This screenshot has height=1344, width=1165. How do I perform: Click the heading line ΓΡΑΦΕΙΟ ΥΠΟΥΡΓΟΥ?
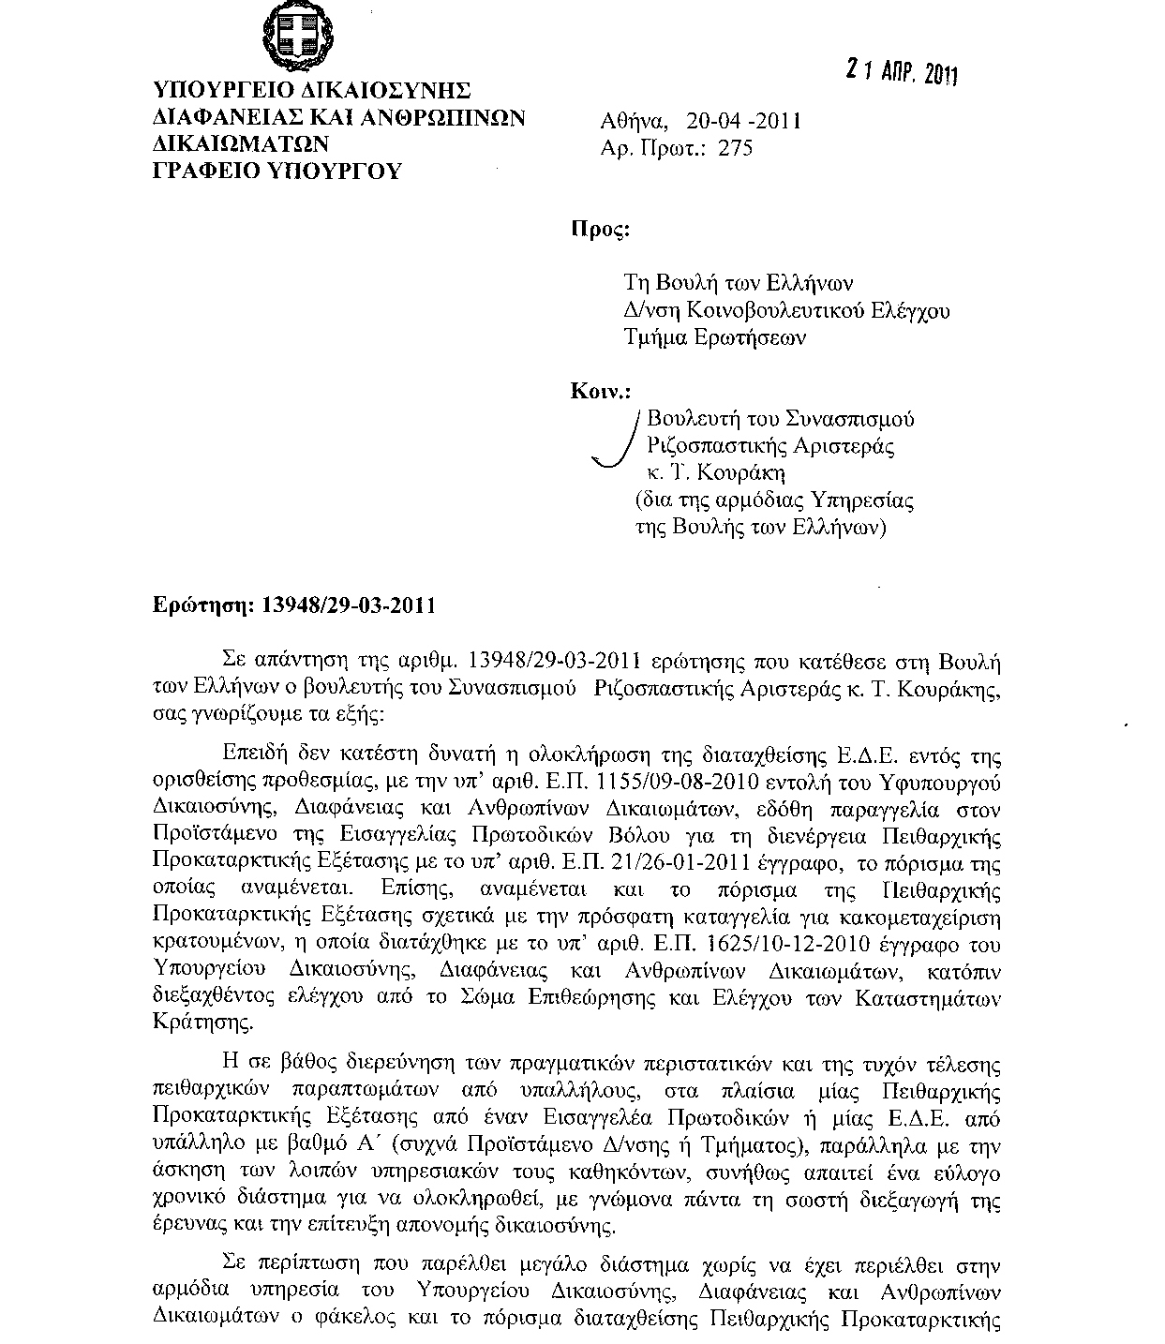(277, 171)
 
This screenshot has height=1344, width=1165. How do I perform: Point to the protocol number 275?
(736, 148)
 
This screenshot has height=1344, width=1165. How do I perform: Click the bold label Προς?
(600, 231)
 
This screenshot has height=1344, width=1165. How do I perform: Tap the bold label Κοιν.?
(601, 391)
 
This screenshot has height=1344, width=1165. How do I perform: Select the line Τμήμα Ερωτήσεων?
(715, 337)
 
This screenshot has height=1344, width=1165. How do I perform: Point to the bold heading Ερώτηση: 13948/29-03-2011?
(294, 605)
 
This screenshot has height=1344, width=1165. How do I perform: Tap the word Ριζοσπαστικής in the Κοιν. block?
(706, 446)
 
